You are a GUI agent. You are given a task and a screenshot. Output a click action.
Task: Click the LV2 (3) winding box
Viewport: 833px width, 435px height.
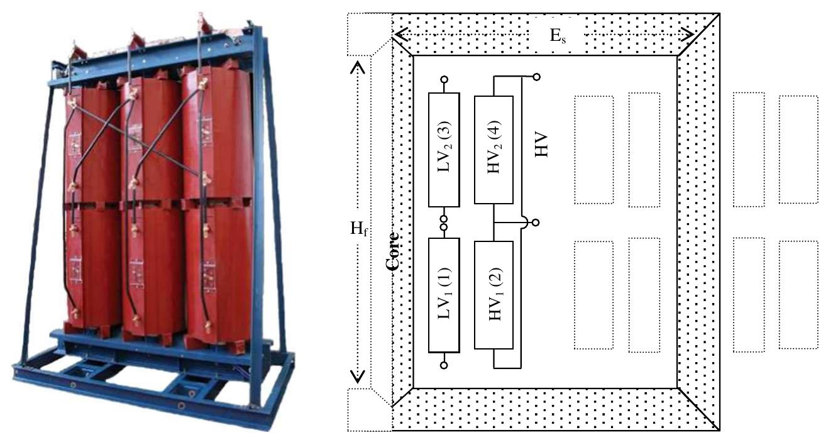pyautogui.click(x=444, y=150)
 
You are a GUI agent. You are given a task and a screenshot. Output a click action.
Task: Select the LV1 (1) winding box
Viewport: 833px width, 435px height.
pyautogui.click(x=444, y=295)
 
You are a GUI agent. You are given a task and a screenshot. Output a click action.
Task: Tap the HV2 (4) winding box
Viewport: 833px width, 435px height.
pyautogui.click(x=494, y=150)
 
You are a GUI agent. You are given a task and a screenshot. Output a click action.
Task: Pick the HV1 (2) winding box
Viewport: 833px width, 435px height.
pyautogui.click(x=494, y=295)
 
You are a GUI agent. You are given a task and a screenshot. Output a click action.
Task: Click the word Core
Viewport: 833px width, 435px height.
pyautogui.click(x=394, y=251)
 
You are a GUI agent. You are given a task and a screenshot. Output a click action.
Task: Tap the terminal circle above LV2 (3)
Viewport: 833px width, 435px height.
pyautogui.click(x=444, y=80)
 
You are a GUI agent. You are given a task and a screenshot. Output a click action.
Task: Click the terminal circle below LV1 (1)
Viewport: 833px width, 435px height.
pyautogui.click(x=444, y=365)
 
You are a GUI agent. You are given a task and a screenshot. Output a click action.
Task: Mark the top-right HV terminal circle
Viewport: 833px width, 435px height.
pyautogui.click(x=536, y=77)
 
